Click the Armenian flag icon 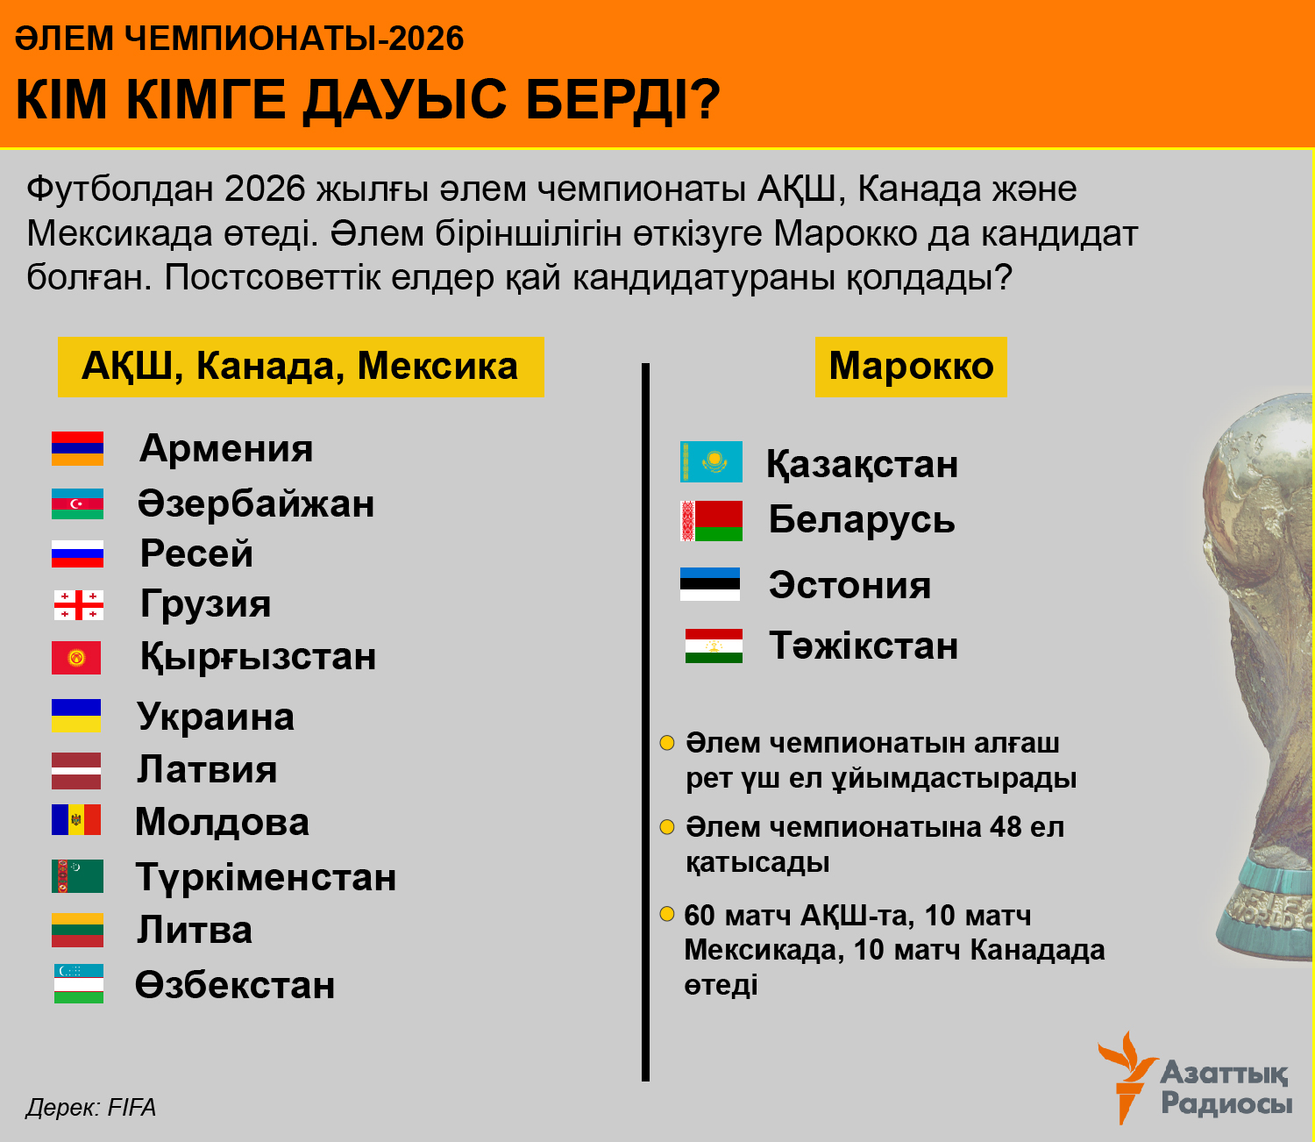pos(77,448)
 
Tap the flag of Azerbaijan pos(77,503)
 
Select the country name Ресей pos(196,554)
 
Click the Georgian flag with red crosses pos(78,605)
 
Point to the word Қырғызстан pos(258,657)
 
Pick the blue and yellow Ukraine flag pos(76,716)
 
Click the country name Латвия pos(207,770)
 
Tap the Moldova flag pos(76,820)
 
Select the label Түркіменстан pos(266,878)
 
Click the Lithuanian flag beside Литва pos(77,931)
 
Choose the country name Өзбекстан pos(235,986)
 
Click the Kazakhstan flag pos(711,462)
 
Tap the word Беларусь pos(861,520)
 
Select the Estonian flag pos(710,584)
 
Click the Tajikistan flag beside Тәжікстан pos(714,646)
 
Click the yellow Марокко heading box pos(911,367)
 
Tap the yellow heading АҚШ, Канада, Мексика pos(301,367)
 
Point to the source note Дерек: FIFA pos(91,1108)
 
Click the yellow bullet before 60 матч pos(667,915)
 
